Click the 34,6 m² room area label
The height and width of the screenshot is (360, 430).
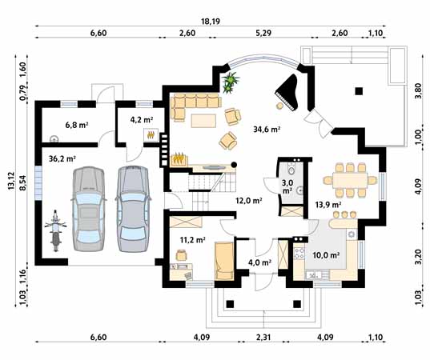coord(266,129)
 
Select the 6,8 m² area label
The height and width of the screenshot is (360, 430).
coord(76,125)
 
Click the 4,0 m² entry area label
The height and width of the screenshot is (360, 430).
coord(259,262)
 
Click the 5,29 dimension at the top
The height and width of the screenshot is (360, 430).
coord(263,33)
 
